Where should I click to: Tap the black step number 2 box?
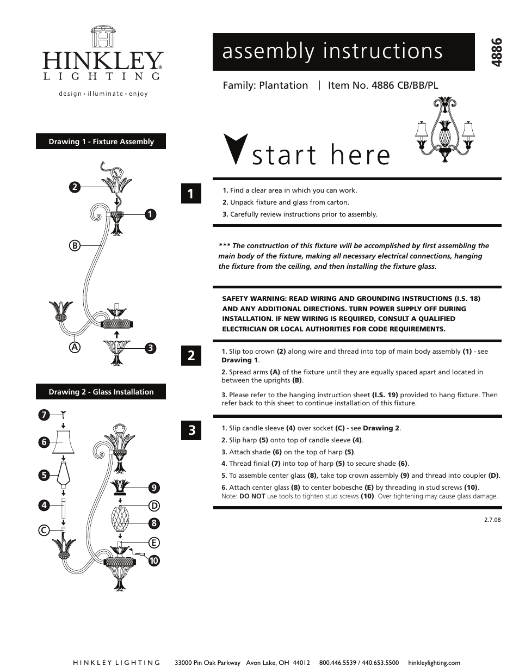[x=191, y=356]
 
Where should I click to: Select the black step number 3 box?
[x=191, y=430]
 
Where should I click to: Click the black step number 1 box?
[x=191, y=194]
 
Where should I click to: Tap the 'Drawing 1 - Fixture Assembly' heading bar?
[x=101, y=141]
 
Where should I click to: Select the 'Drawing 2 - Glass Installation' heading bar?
[x=101, y=392]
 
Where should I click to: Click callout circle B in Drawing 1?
[x=74, y=245]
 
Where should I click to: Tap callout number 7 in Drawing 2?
[x=44, y=415]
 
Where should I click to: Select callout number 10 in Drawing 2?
[x=154, y=560]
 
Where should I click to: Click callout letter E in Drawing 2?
[x=154, y=542]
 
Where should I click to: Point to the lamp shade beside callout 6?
[x=63, y=441]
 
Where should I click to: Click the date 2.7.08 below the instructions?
[x=492, y=519]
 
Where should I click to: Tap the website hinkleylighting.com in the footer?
[x=433, y=662]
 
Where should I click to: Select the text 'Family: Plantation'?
[x=265, y=85]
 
